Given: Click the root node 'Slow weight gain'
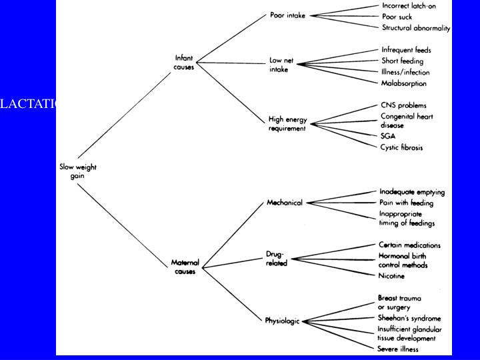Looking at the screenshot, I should coord(77,171).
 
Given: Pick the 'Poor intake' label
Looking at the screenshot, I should coord(287,15).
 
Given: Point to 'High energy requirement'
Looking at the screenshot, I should coord(287,123).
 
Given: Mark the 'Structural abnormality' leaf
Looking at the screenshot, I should coord(416,28).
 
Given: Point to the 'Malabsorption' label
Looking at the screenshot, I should coord(404,83).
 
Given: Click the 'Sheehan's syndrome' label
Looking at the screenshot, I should coord(410,318).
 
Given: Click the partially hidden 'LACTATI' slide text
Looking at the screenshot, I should coord(29,103).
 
